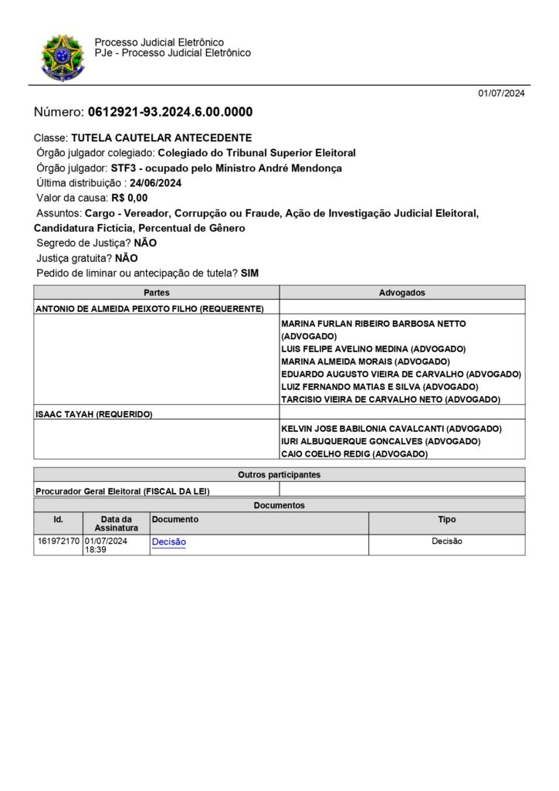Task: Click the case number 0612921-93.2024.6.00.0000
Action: click(x=170, y=112)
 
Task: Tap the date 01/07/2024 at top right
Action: click(x=501, y=93)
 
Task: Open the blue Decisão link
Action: click(x=168, y=542)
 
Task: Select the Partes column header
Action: click(x=156, y=293)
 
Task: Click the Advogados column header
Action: click(x=401, y=293)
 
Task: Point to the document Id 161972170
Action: click(x=58, y=541)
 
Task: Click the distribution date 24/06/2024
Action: click(x=155, y=183)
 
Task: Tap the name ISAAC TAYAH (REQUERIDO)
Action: click(x=94, y=414)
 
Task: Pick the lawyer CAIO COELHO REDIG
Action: click(x=354, y=454)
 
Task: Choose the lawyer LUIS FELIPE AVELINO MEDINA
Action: click(x=374, y=348)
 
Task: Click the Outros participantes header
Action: click(x=279, y=474)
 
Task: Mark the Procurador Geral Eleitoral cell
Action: click(x=123, y=491)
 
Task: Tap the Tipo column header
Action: click(x=446, y=520)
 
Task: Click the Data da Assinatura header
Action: click(x=116, y=523)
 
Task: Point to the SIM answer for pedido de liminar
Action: click(x=250, y=273)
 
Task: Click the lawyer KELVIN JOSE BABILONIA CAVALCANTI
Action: click(x=391, y=428)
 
